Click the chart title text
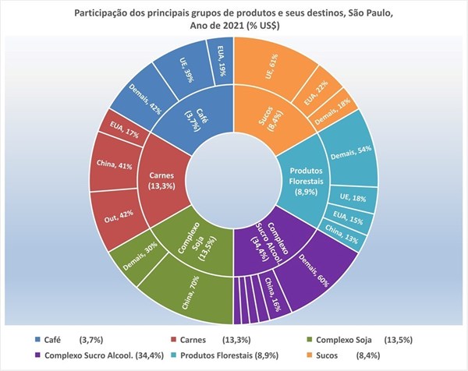click(x=234, y=19)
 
